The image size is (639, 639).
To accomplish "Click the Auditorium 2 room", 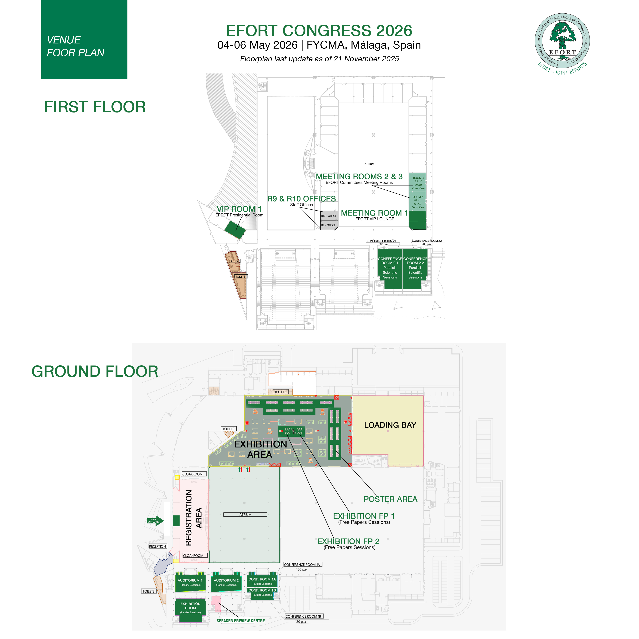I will click(x=226, y=582).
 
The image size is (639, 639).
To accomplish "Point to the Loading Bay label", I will click(x=390, y=425).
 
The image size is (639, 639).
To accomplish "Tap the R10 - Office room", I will click(x=329, y=216).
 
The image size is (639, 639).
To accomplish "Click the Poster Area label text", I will click(x=390, y=499).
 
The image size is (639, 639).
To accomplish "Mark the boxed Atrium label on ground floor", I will click(x=245, y=515).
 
